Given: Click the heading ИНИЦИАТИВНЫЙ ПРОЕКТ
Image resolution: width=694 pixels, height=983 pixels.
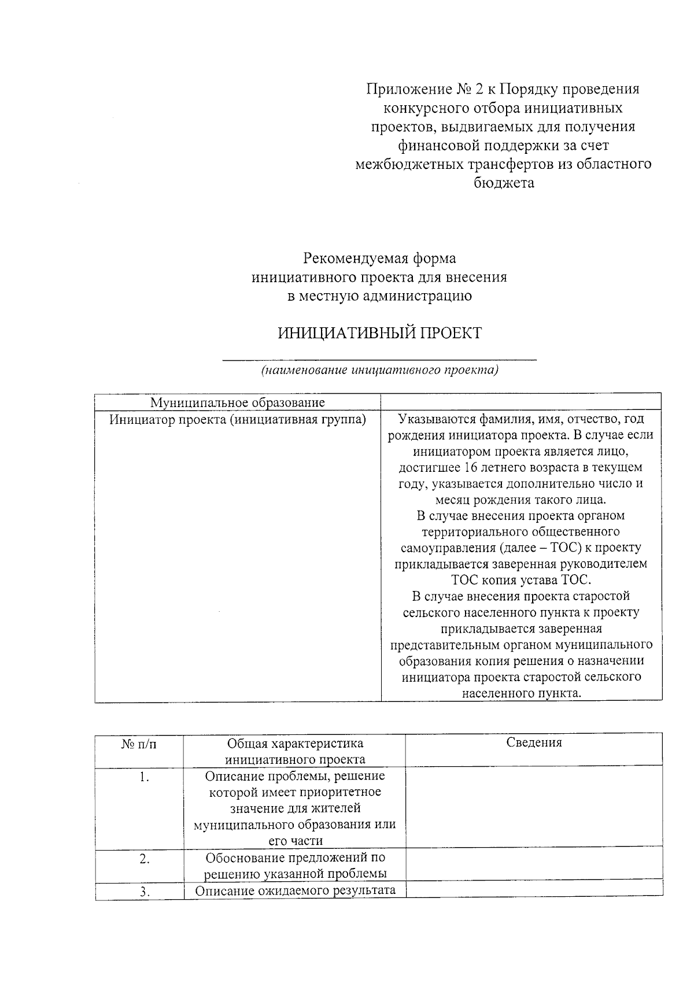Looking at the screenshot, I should pyautogui.click(x=379, y=334).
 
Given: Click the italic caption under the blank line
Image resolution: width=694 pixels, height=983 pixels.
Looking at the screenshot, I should pyautogui.click(x=379, y=370).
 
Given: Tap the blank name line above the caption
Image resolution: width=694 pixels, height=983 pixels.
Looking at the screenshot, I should pyautogui.click(x=379, y=359).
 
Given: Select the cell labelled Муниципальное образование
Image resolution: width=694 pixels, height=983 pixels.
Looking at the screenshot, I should pyautogui.click(x=238, y=402).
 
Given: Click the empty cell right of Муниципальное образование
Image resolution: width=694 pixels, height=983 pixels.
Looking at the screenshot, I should pyautogui.click(x=520, y=402).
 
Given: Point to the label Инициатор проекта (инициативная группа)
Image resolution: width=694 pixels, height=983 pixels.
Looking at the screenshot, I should pyautogui.click(x=238, y=420).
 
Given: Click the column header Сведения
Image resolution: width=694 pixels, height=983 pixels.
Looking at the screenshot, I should pyautogui.click(x=534, y=743).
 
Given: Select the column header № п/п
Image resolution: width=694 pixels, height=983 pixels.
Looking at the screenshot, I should pyautogui.click(x=139, y=744).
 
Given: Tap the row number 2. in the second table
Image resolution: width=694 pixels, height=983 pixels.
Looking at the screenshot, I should pyautogui.click(x=144, y=859).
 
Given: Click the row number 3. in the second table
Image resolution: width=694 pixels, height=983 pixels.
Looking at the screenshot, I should pyautogui.click(x=144, y=892).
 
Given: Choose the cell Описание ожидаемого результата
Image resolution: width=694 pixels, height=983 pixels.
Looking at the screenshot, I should pyautogui.click(x=295, y=890).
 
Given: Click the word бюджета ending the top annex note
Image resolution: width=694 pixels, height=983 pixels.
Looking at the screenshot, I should pyautogui.click(x=503, y=183).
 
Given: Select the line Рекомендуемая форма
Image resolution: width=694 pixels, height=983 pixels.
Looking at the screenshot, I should pyautogui.click(x=379, y=258).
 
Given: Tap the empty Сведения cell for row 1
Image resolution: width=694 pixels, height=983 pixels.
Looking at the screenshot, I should pyautogui.click(x=534, y=808).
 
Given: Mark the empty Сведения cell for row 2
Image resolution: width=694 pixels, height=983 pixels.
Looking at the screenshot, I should pyautogui.click(x=534, y=865).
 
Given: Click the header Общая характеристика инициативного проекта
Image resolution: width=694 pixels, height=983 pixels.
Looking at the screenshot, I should pyautogui.click(x=295, y=751).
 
